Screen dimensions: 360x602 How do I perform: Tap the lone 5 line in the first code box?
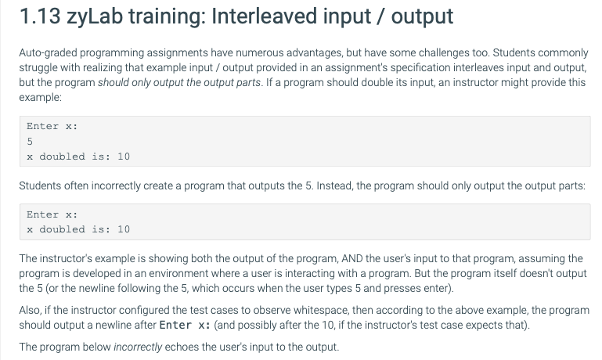pyautogui.click(x=30, y=142)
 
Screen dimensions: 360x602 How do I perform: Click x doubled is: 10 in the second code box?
pyautogui.click(x=78, y=229)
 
